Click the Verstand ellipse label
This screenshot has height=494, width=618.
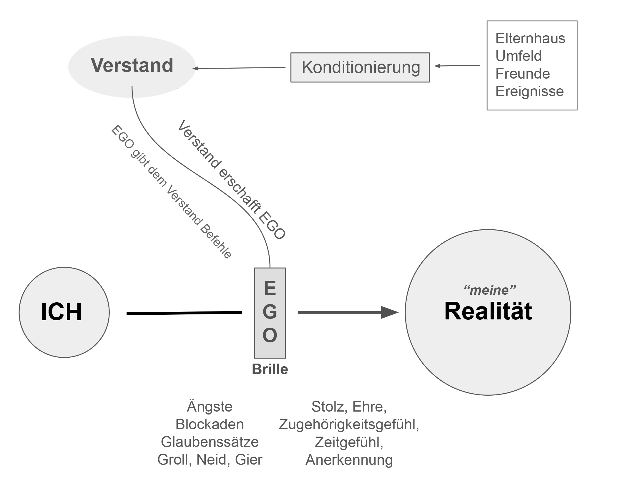132,65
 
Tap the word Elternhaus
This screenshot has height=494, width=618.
530,39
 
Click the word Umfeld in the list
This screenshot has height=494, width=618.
518,56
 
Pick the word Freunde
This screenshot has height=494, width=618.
522,74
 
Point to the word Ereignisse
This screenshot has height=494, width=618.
529,91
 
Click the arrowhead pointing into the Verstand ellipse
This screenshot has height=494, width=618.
196,69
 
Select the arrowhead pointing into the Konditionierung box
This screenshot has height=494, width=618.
437,66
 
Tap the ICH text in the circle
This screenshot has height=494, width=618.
61,312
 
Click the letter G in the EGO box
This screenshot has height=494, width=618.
270,312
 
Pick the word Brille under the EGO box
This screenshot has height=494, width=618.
270,369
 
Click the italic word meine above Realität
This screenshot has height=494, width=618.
489,291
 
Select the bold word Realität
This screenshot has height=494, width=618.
488,311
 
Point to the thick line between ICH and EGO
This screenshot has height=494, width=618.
184,313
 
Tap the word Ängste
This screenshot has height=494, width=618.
210,407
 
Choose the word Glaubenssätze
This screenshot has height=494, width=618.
210,442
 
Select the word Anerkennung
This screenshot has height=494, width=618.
349,460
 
